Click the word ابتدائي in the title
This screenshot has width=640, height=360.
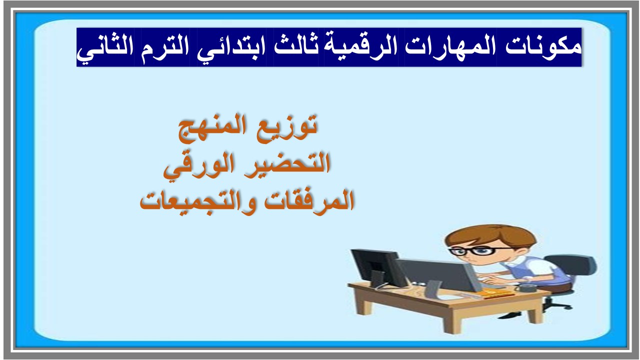(233, 47)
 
